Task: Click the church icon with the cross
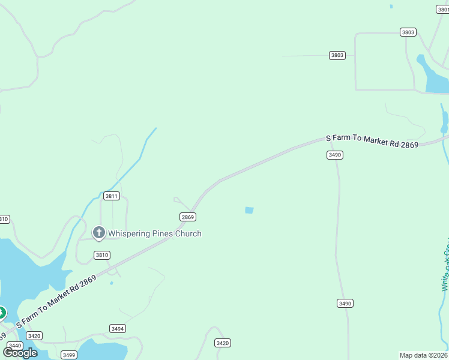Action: tap(98, 232)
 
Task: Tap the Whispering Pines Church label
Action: tap(154, 233)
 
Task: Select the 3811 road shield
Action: tap(112, 196)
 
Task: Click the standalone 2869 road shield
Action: tap(187, 217)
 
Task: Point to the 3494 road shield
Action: tap(118, 328)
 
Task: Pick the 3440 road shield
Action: tap(14, 346)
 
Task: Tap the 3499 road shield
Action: tap(69, 355)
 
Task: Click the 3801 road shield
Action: tap(441, 9)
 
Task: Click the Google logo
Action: tap(20, 352)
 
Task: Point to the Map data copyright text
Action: tap(424, 355)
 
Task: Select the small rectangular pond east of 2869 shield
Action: tap(249, 210)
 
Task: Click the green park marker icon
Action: tap(2, 313)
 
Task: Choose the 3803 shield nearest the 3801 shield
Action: tap(408, 32)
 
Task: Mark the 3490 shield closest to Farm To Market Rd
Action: tap(335, 155)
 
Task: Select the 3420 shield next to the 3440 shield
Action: tap(34, 336)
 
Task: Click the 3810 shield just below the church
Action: tap(102, 255)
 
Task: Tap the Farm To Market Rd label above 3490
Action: tap(372, 142)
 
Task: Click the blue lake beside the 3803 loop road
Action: tap(434, 78)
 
